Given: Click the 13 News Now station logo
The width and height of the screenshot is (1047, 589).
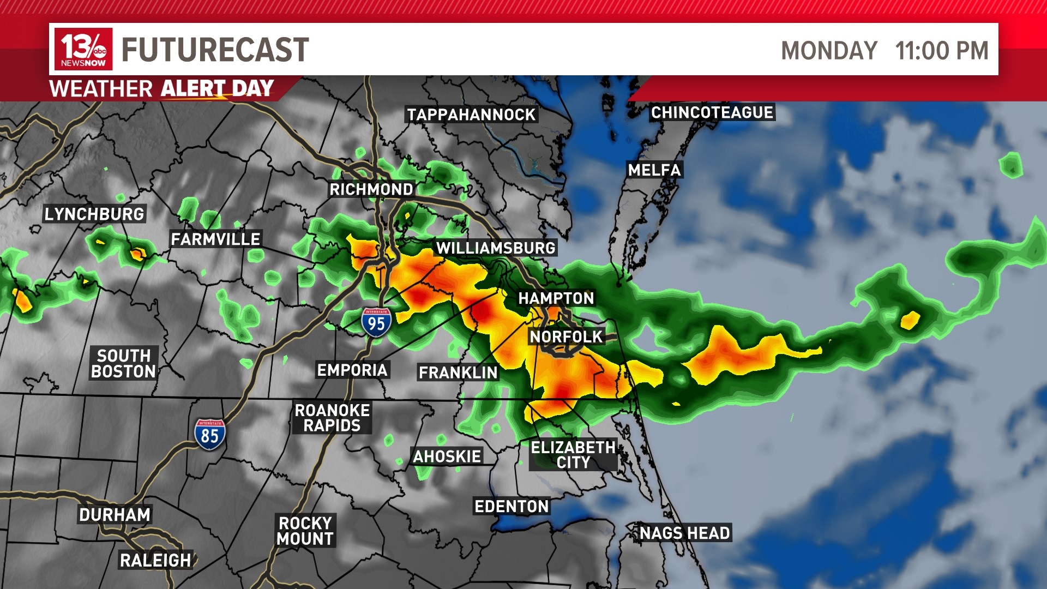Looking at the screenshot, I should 83,49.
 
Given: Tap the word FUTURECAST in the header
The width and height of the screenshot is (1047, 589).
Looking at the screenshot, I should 215,50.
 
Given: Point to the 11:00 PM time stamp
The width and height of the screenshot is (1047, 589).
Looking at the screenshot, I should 942,51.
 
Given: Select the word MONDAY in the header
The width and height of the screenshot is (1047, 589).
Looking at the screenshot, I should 829,51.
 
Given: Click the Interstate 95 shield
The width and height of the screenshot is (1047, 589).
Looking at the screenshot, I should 376,322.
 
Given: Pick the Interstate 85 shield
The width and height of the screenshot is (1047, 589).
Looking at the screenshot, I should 210,434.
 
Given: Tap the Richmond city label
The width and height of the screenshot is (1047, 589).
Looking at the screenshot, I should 371,189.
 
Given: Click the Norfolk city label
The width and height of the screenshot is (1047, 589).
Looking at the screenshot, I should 566,336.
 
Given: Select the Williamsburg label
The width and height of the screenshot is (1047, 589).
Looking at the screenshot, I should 496,248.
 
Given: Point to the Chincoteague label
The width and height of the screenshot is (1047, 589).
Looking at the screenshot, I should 712,112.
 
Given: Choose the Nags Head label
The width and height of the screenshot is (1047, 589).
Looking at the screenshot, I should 684,533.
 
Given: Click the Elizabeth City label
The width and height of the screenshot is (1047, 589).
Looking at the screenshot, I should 573,455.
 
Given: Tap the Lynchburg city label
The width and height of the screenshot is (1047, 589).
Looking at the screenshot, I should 94,214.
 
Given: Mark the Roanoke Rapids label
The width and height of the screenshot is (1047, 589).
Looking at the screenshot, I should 332,418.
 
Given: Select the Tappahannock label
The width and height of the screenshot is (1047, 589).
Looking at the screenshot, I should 472,115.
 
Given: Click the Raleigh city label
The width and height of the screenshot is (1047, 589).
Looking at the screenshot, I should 155,560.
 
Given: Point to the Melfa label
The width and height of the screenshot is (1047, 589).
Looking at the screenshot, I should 654,170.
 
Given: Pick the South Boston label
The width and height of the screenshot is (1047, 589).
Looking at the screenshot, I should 124,363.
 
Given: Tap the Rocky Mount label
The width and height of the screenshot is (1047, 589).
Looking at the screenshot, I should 305,531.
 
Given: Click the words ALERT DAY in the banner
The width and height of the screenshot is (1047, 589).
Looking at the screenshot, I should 217,88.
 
